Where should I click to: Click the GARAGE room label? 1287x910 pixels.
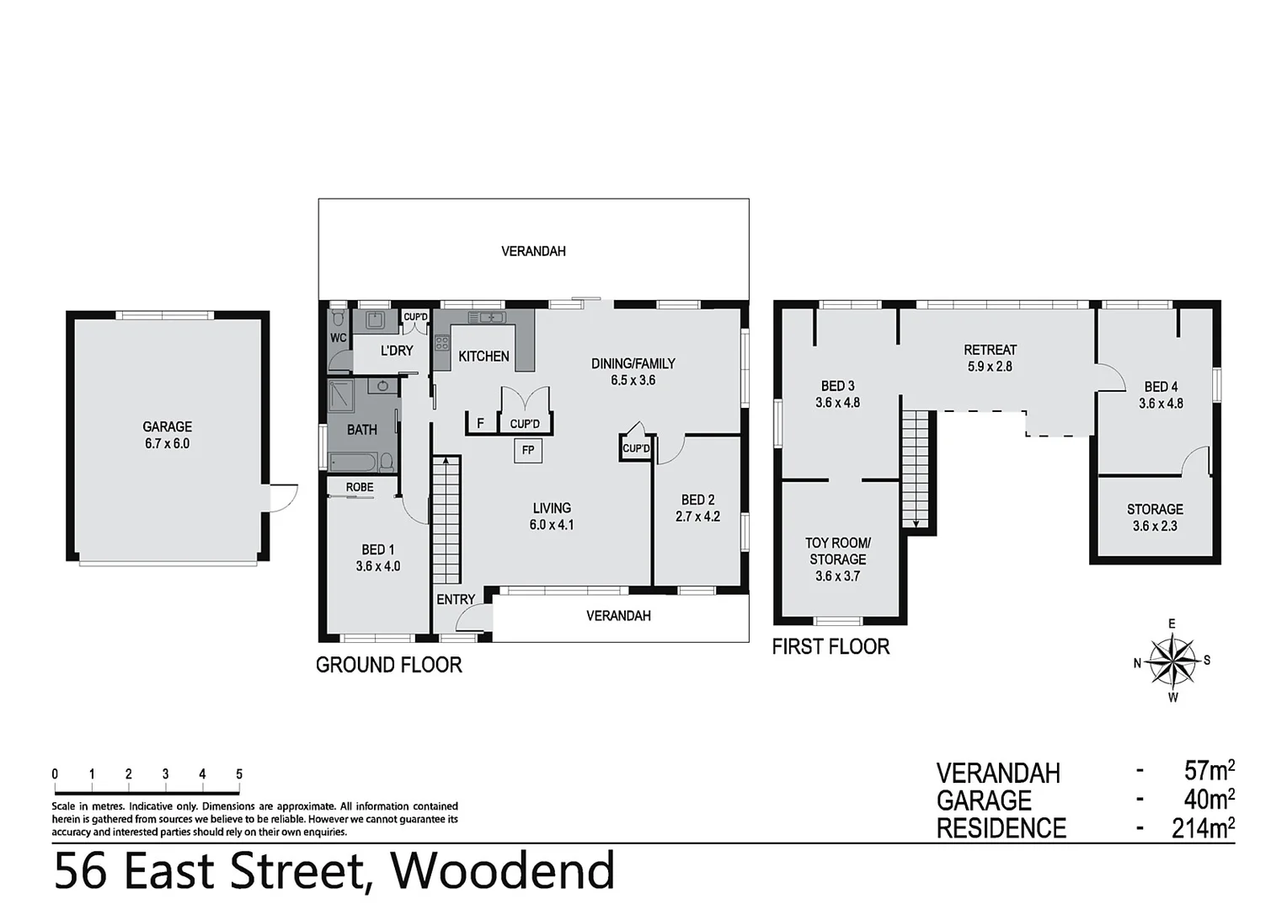(167, 427)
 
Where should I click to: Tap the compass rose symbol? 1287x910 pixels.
(1172, 661)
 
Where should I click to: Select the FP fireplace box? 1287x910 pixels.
(528, 450)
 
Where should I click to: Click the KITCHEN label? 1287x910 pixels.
(483, 356)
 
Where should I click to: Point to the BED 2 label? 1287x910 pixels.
(697, 500)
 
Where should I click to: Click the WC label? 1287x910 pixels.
(339, 338)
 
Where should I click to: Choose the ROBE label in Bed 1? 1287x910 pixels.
(360, 487)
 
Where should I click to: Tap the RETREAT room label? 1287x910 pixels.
(990, 350)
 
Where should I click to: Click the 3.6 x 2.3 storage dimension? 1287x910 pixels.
(1155, 526)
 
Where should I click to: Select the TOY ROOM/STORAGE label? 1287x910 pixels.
(837, 551)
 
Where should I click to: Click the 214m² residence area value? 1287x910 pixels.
(1203, 828)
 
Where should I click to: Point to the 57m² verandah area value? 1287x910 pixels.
(1209, 770)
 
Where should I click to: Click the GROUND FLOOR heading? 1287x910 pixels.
(389, 665)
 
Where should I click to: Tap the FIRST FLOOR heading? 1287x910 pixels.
(830, 646)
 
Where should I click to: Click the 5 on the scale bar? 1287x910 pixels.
(239, 774)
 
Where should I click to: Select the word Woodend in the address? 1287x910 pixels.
(503, 870)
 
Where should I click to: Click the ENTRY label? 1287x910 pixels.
(456, 599)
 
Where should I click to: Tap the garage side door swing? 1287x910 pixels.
(285, 496)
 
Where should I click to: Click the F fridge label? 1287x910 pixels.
(480, 423)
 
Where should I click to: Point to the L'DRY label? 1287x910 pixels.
(397, 351)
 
